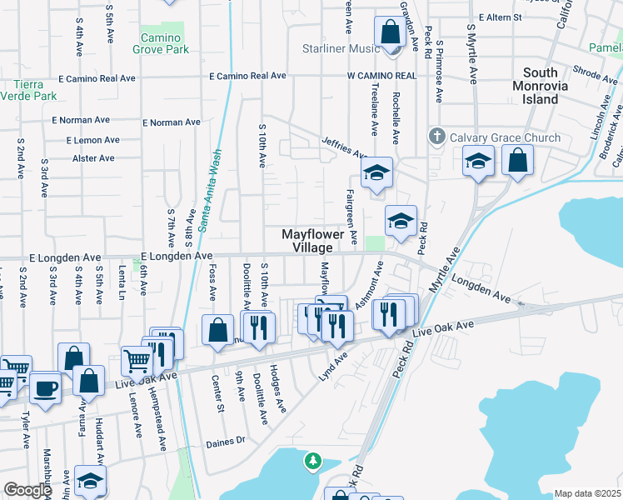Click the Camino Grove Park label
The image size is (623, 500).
point(161,43)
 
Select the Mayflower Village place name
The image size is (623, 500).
point(318,242)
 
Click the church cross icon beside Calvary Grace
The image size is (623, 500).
point(436,136)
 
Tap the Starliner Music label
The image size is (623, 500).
point(341,49)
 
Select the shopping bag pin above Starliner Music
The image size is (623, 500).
point(389,33)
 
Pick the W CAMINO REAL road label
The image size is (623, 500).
point(381,76)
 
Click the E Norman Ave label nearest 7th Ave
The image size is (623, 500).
point(172,122)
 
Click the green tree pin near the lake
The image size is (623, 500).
point(313,460)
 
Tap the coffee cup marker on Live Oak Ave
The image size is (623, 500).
point(45,387)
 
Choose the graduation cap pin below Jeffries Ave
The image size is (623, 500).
point(376,173)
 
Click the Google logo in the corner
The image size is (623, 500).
point(27,491)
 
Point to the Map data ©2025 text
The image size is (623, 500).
point(587,493)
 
